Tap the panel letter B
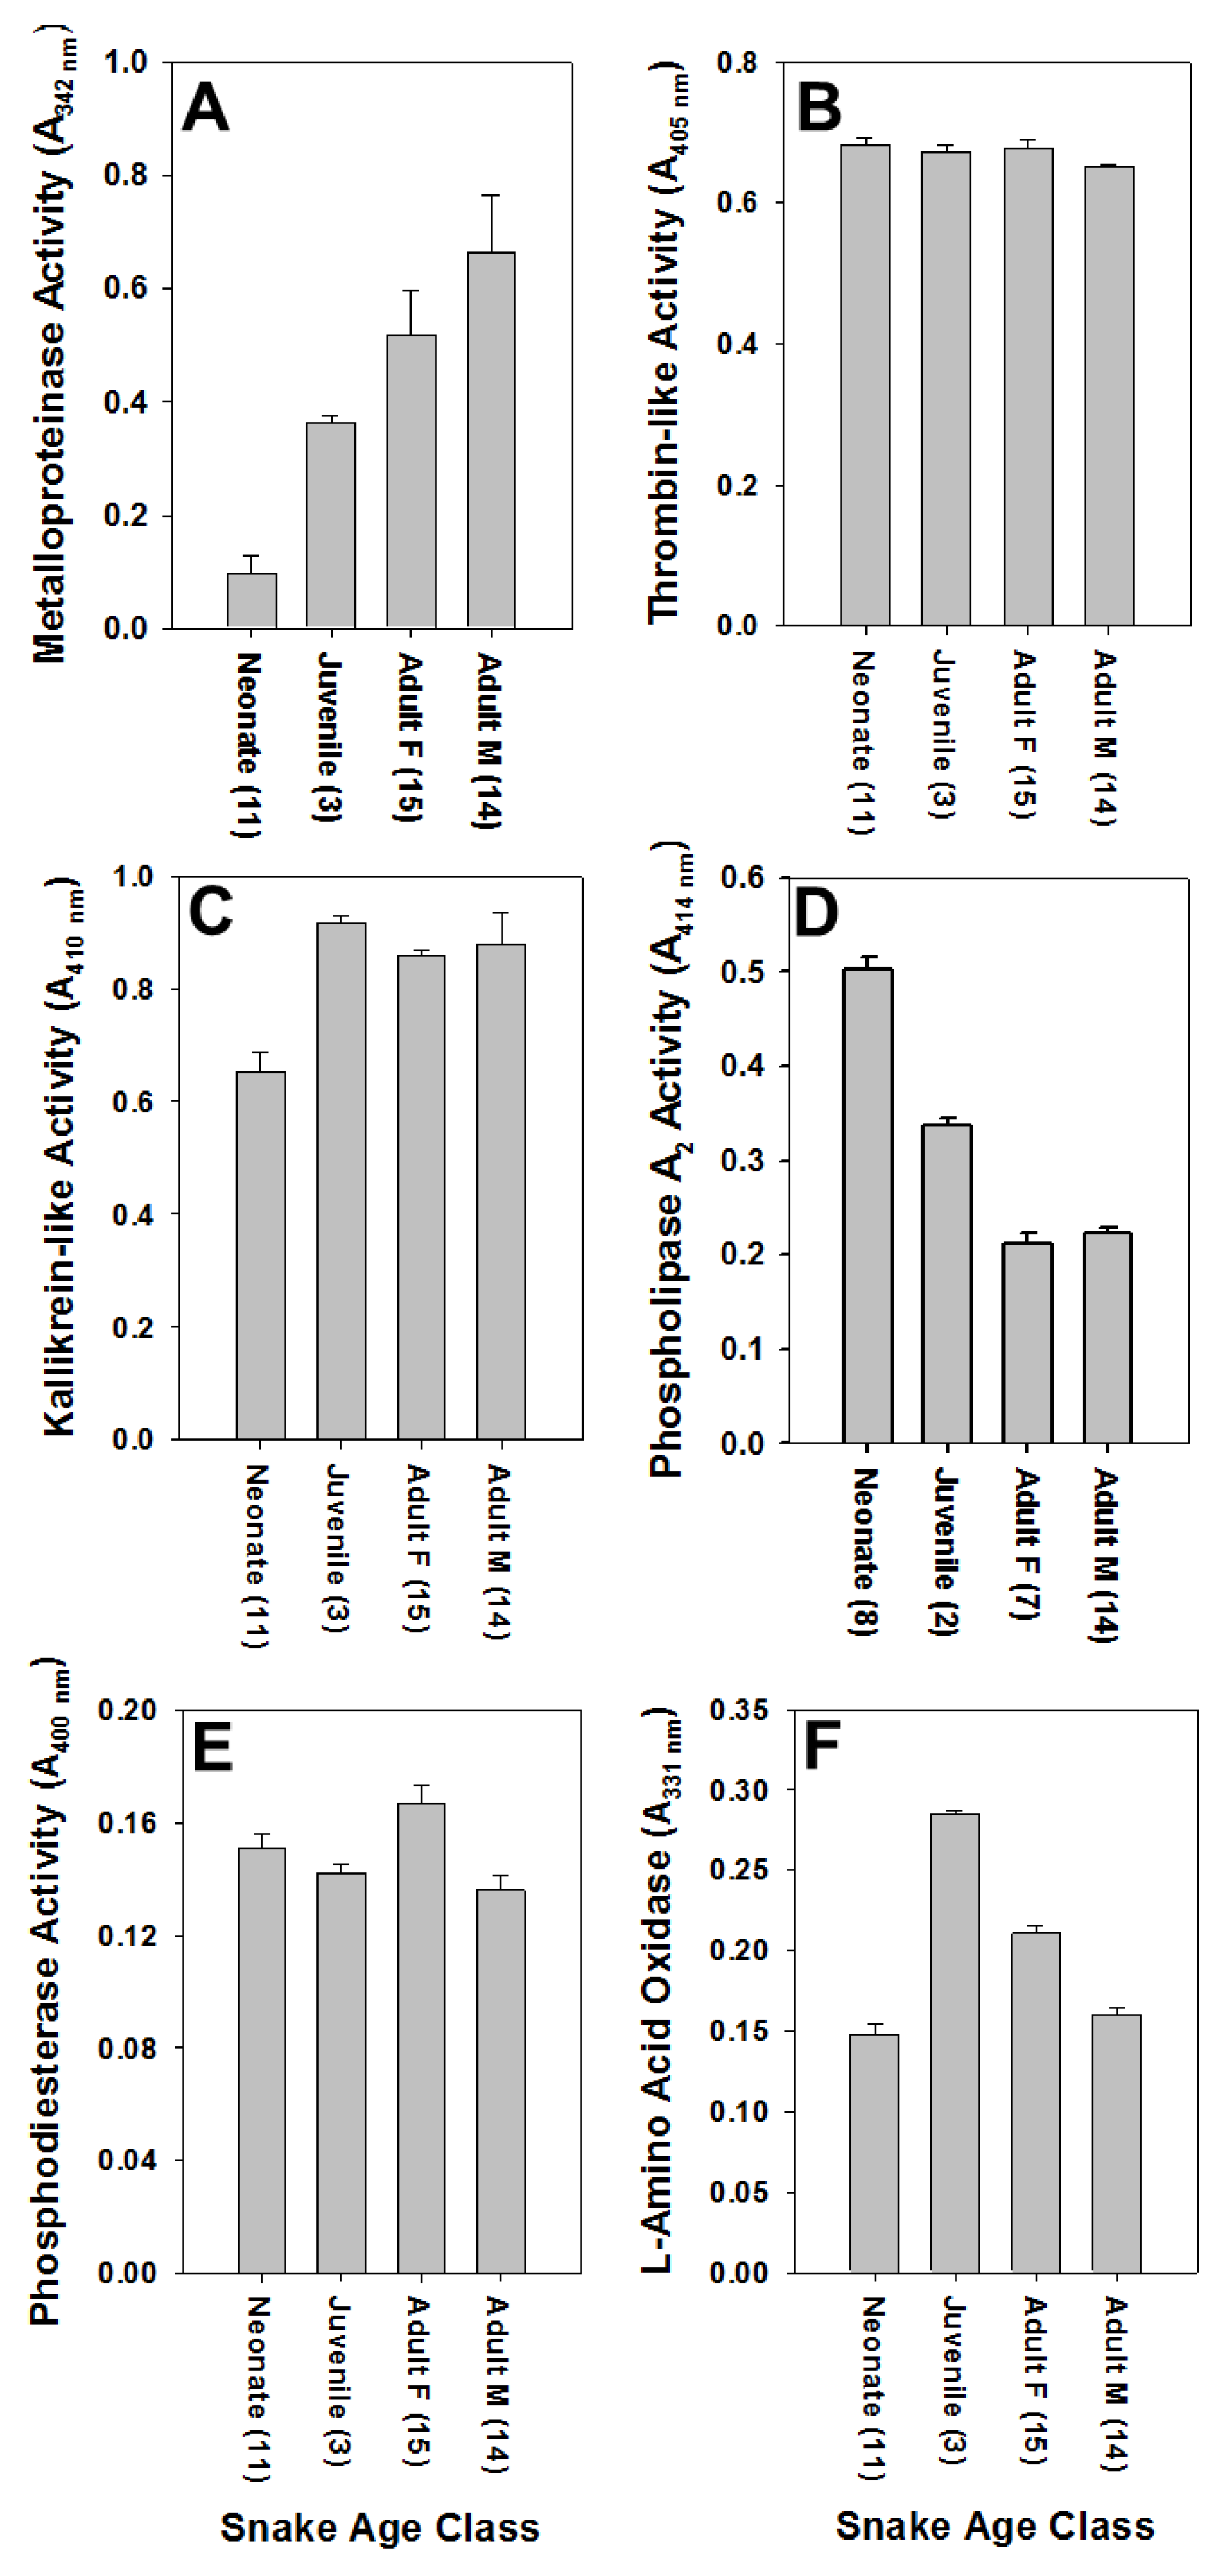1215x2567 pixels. [x=820, y=108]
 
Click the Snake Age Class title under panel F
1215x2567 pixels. [x=994, y=2525]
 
